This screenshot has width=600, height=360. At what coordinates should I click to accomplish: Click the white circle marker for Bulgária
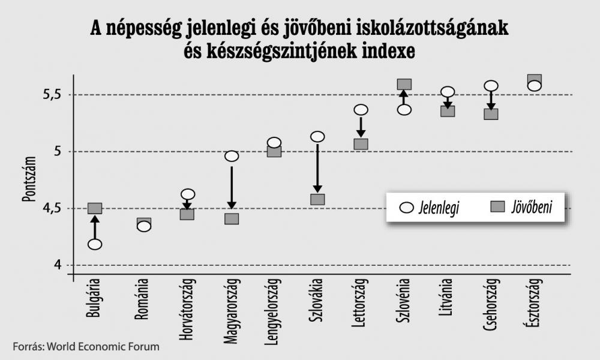pos(94,244)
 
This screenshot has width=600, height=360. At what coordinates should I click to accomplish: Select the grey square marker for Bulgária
pos(95,208)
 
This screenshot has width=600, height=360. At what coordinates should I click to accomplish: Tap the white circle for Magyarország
pos(232,156)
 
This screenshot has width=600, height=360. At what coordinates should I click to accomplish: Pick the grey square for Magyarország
pos(232,219)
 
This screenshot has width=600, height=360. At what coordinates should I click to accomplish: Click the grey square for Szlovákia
pos(317,199)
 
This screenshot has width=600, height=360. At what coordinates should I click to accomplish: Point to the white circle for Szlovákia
pos(317,137)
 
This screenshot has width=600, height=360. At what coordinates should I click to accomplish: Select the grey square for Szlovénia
pos(404,85)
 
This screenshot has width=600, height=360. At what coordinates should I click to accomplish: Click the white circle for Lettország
pos(361,110)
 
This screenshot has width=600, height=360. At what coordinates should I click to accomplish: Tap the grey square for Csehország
pos(491,113)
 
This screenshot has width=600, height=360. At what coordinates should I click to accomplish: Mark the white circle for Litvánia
pos(448,92)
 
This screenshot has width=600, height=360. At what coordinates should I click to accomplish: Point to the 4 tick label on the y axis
pos(58,265)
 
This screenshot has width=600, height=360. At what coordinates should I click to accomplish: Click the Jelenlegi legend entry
pos(430,208)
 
